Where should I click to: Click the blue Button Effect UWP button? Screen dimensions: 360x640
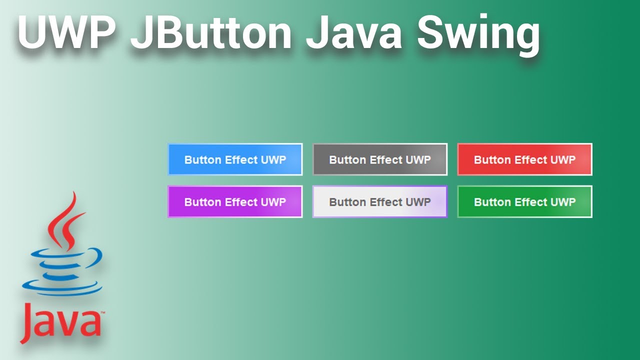(x=235, y=159)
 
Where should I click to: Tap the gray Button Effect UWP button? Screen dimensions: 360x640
(x=380, y=159)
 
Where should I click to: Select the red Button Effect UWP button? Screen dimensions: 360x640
(x=524, y=159)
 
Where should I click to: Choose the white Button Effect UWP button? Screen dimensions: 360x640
(x=380, y=202)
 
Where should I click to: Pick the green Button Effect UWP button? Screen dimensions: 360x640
(x=524, y=202)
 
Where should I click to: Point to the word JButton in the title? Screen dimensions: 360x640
(x=210, y=33)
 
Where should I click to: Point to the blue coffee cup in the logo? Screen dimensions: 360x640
(x=62, y=270)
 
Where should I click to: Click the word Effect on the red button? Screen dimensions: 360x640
(x=531, y=160)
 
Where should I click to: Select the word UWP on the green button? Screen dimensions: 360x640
(x=563, y=202)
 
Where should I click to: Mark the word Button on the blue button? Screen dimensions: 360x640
(x=202, y=160)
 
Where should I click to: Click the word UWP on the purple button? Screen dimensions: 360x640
(x=273, y=202)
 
